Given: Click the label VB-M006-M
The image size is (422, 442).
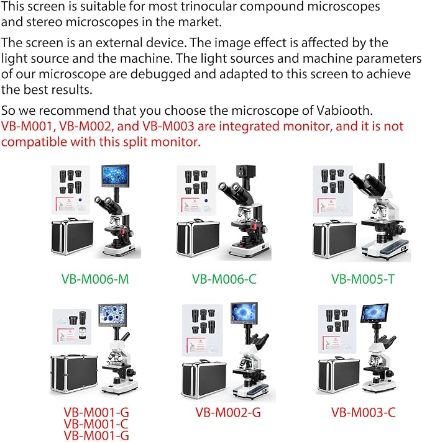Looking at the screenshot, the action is [x=95, y=279].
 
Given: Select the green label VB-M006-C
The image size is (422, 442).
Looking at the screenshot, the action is [x=224, y=279].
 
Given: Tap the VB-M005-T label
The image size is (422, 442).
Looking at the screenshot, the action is [x=363, y=279].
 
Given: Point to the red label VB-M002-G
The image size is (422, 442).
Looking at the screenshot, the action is [x=228, y=412].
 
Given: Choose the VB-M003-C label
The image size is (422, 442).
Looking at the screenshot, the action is [x=364, y=412].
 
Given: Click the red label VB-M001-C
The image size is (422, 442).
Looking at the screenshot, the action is [x=96, y=424].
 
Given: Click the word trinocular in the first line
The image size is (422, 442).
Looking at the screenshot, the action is [x=209, y=6].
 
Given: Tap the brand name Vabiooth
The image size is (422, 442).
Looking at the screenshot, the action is [x=344, y=110].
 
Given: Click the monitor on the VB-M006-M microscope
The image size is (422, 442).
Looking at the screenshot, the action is [x=116, y=176].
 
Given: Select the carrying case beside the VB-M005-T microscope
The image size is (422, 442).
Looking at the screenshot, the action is [x=334, y=240].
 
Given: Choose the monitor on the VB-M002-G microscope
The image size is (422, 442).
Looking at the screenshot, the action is [x=244, y=313].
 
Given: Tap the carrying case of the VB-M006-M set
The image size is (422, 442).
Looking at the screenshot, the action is [x=72, y=237].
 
